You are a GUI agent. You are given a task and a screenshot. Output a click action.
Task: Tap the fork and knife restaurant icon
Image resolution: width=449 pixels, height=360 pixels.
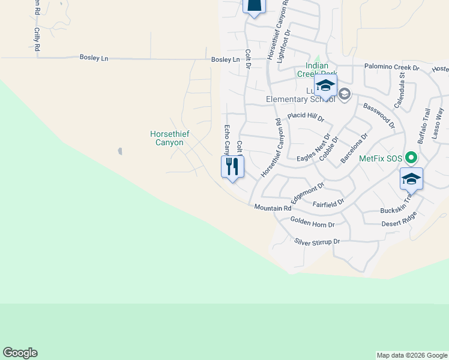click(233, 166)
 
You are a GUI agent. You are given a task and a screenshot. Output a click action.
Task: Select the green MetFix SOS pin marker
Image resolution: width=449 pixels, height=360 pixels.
click(411, 158)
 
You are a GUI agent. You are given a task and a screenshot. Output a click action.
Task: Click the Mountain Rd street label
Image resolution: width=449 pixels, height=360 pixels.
click(273, 208)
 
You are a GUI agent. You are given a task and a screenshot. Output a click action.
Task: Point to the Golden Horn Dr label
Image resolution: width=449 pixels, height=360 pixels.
click(312, 222)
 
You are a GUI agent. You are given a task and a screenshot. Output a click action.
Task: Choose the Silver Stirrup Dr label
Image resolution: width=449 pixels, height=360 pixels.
click(317, 242)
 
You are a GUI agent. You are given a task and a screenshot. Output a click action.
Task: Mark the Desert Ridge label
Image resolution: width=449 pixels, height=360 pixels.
click(398, 223)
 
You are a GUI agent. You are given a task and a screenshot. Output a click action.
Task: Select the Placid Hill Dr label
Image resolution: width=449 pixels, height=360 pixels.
click(305, 115)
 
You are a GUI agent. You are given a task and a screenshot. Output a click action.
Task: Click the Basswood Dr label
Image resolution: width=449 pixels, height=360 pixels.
click(379, 115)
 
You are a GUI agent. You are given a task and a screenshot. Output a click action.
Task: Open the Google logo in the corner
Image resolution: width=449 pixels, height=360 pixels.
click(20, 353)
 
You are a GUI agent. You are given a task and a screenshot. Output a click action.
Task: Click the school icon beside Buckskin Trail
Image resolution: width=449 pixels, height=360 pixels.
click(411, 179)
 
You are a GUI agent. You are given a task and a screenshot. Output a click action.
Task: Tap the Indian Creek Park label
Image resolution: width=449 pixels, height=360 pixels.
click(316, 70)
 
